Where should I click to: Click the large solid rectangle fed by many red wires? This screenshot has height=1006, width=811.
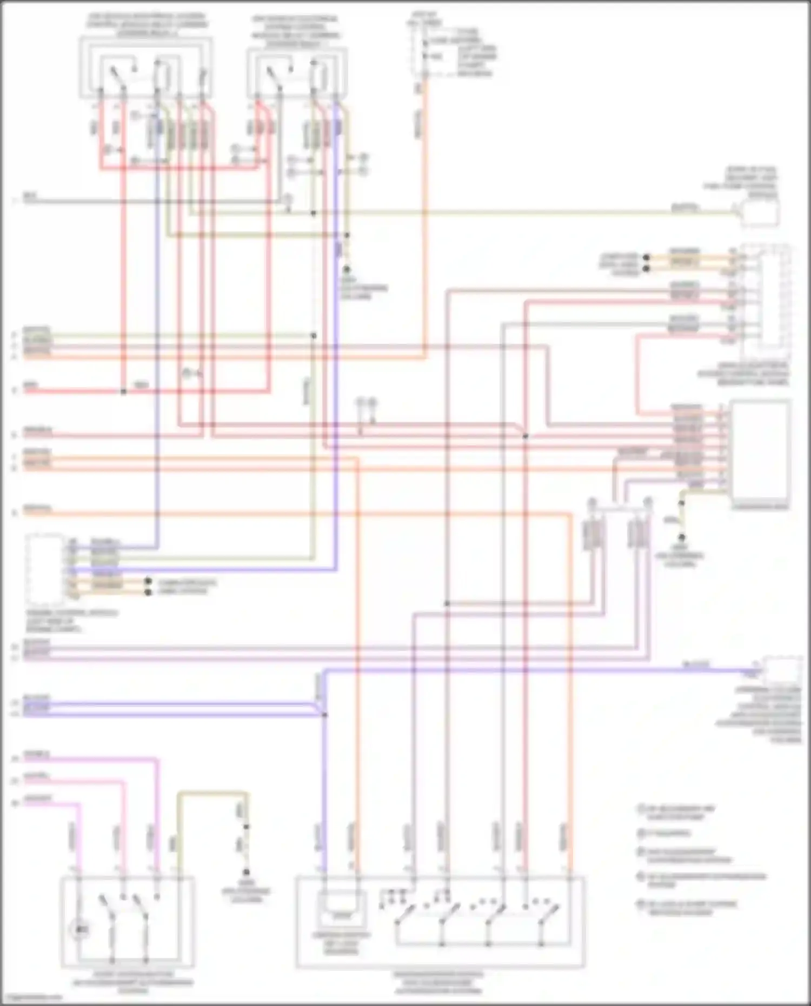(x=760, y=454)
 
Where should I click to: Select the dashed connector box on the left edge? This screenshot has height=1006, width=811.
(x=45, y=569)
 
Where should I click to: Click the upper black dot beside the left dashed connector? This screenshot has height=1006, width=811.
(x=147, y=582)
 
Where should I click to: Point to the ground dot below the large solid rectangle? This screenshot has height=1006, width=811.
(x=682, y=537)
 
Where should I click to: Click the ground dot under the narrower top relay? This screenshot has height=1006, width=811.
(x=347, y=269)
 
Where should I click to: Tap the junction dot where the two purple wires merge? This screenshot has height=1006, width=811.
(x=325, y=715)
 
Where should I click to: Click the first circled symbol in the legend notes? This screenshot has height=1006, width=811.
(x=641, y=809)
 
